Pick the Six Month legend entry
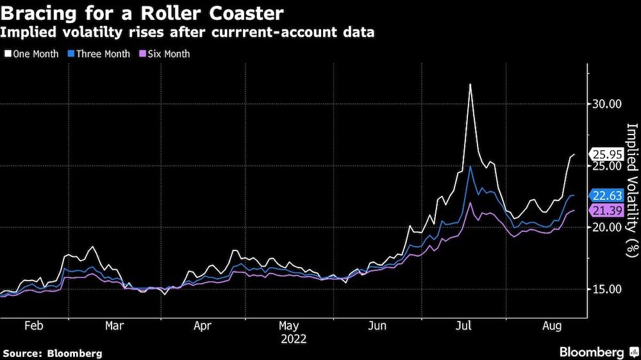(x=165, y=54)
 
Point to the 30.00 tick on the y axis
(x=607, y=104)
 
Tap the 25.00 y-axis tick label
(x=607, y=166)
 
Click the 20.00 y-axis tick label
(x=607, y=227)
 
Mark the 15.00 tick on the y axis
(x=607, y=289)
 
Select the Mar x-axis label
(x=114, y=325)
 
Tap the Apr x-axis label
(x=202, y=325)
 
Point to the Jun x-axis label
(x=378, y=325)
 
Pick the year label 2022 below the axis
(x=293, y=339)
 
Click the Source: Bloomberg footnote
(x=53, y=353)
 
